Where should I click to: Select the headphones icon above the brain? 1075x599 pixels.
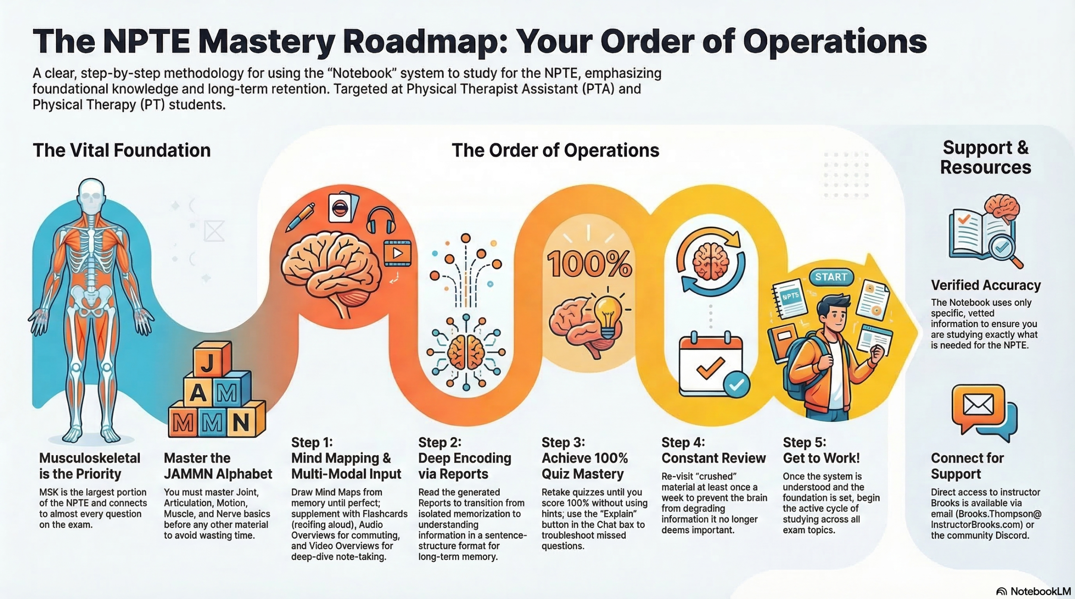coord(380,220)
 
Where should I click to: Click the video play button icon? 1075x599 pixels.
coord(397,253)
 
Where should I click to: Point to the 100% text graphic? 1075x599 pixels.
coord(589,264)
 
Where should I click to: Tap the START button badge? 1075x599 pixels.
coord(831,277)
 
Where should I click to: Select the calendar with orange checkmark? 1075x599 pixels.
coord(711,364)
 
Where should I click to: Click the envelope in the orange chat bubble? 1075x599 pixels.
coord(978,405)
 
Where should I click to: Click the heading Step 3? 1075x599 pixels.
coord(563,442)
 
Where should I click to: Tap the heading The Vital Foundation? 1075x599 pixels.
coord(121,150)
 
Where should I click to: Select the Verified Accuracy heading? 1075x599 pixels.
coord(986,285)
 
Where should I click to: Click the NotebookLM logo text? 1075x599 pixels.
coord(1040,591)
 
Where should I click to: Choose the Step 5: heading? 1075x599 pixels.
coord(804,442)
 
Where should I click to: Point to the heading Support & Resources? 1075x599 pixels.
coord(985,157)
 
